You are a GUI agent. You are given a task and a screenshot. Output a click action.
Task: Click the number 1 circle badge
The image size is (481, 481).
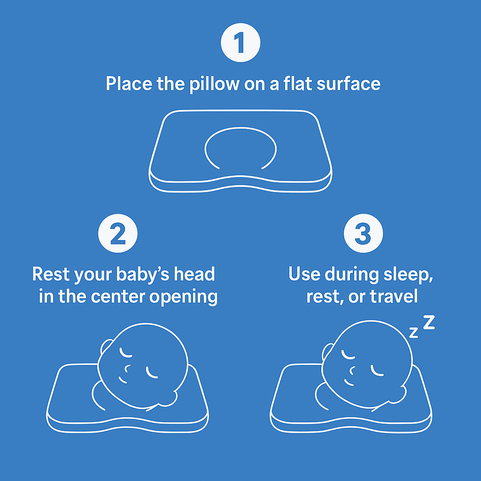coord(240,43)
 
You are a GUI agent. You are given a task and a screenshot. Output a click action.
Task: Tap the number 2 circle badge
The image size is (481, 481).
coord(118,233)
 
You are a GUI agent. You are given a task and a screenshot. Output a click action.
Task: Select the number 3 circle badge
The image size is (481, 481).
coord(363,233)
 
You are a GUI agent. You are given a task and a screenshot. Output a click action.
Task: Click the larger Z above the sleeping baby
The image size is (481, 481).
coord(429,323)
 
